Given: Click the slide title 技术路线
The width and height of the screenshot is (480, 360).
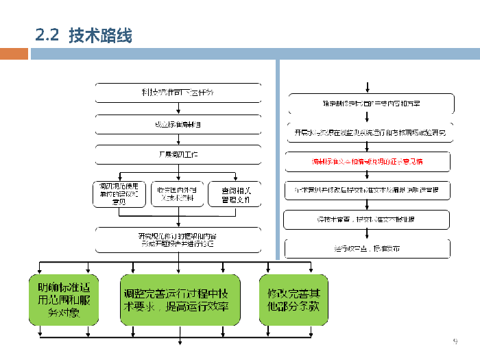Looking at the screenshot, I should (100, 36).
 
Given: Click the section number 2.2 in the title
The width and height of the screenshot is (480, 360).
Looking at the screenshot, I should (48, 36).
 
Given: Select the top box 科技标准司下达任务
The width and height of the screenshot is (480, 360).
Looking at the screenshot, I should (178, 93).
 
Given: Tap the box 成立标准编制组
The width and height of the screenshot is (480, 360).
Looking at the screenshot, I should (178, 124).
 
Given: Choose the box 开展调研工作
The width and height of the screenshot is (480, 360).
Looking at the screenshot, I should (178, 155).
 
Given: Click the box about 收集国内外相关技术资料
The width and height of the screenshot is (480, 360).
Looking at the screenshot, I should (177, 193).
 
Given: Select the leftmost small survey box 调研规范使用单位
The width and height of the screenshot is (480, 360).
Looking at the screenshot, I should (119, 193).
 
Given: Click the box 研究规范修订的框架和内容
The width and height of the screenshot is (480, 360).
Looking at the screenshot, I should (178, 239).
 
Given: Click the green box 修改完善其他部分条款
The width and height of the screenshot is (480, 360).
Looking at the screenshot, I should (293, 300).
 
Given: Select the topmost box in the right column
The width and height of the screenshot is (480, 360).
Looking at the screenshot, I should (369, 103).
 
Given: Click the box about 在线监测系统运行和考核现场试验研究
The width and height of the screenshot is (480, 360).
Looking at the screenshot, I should (369, 132).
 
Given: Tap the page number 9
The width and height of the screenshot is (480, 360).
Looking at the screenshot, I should (454, 341).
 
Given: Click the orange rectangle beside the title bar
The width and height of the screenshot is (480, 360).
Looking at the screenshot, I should (14, 53).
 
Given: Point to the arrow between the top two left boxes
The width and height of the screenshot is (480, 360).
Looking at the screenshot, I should (178, 108).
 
